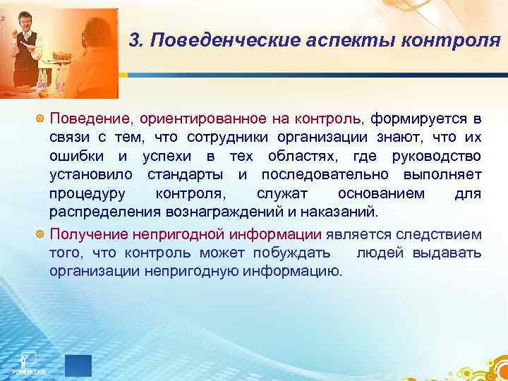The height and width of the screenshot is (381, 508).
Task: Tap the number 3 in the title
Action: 136,42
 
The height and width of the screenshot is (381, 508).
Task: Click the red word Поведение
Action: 88,117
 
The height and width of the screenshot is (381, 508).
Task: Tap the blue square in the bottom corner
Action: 78,365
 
